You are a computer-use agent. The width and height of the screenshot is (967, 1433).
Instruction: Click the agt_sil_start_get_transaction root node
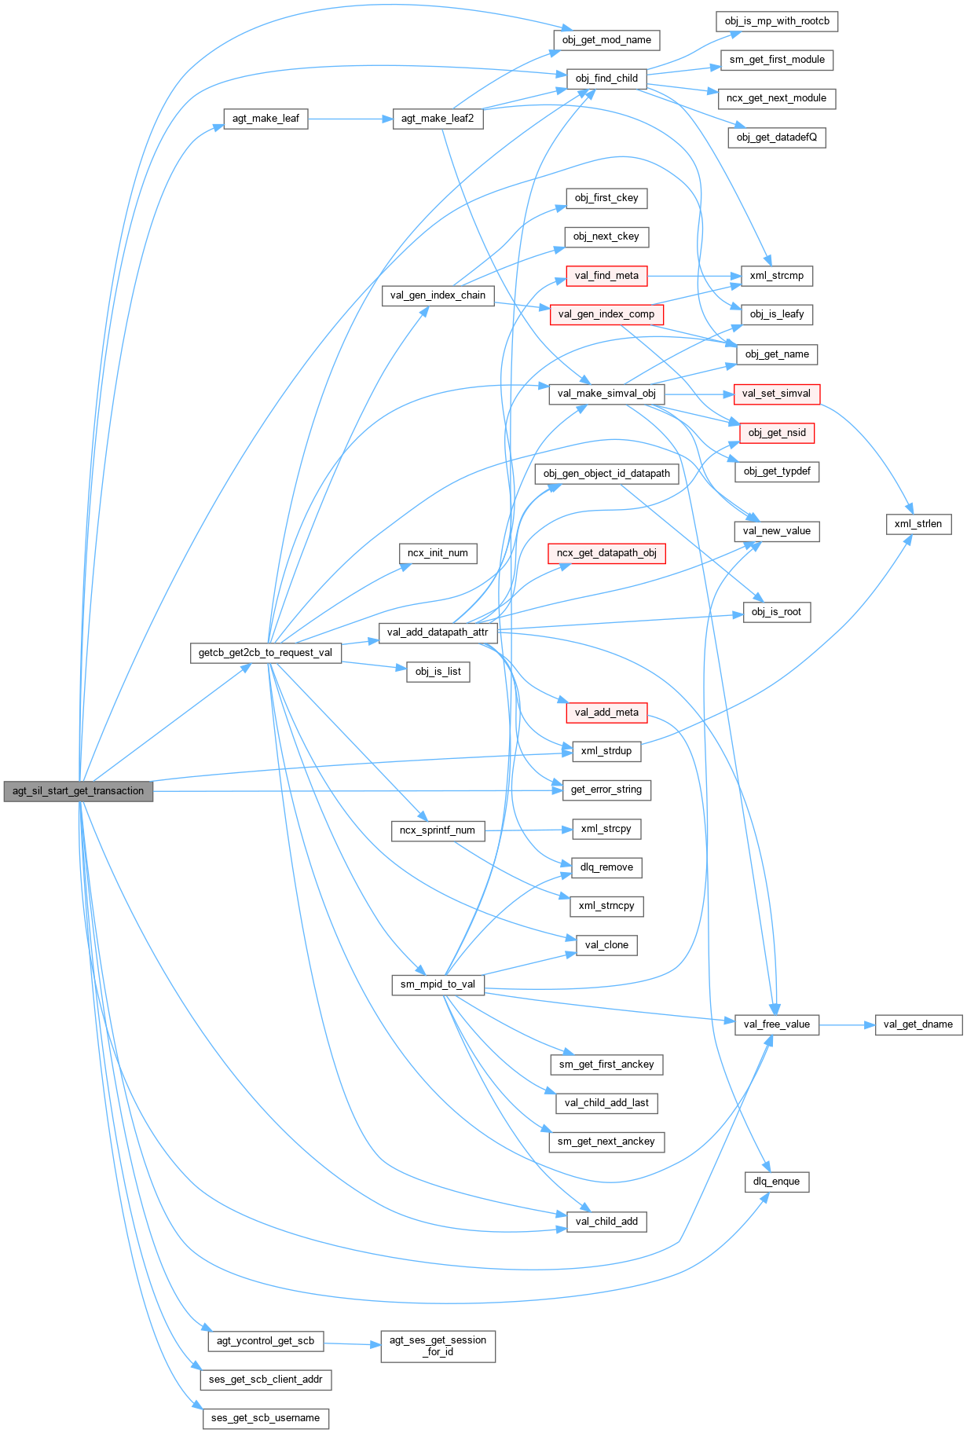pos(78,791)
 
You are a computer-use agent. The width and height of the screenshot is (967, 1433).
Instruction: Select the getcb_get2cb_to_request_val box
pos(266,653)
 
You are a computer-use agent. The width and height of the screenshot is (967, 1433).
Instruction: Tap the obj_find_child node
pos(606,79)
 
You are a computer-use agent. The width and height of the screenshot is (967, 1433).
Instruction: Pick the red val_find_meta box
pos(606,276)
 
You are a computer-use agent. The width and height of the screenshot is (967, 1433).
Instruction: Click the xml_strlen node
pos(918,524)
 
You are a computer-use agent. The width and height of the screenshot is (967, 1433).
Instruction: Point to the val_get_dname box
pos(918,1024)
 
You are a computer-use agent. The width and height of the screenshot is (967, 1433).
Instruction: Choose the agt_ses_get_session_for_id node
pos(438,1346)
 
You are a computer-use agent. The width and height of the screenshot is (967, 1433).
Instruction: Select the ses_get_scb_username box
pos(266,1418)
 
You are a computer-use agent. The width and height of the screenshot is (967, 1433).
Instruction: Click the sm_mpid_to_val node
pos(438,984)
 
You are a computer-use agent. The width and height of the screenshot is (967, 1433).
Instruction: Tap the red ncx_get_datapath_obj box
pos(606,553)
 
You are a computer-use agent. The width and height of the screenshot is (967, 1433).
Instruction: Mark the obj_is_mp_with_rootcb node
pos(777,21)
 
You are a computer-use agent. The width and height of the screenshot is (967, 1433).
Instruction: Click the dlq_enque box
pos(776,1182)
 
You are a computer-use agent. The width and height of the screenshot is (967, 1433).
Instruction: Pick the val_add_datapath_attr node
pos(438,632)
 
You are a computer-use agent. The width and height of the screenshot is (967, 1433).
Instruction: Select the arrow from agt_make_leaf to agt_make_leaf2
pos(350,119)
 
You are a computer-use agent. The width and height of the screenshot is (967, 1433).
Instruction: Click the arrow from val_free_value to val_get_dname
pos(847,1024)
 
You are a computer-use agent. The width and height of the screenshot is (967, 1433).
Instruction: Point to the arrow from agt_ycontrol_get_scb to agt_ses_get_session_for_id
pos(352,1344)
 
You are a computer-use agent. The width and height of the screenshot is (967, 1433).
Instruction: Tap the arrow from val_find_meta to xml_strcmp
pos(694,276)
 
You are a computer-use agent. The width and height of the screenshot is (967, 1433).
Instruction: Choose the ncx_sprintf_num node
pos(438,830)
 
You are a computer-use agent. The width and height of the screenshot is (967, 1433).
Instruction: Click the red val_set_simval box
pos(776,394)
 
